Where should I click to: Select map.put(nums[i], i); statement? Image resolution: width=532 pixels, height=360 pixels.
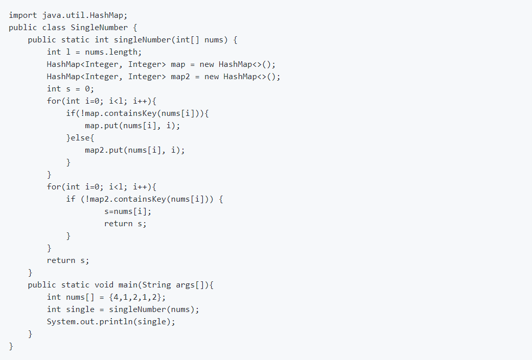tap(132, 125)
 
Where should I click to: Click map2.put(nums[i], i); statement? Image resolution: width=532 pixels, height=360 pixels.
tap(135, 150)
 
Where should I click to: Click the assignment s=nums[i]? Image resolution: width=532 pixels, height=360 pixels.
tap(128, 211)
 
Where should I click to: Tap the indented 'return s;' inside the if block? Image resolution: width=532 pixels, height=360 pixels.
tap(125, 223)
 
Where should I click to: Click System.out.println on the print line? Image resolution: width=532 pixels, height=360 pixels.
tap(89, 321)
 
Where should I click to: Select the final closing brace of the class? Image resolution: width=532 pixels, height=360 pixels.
tap(11, 346)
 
